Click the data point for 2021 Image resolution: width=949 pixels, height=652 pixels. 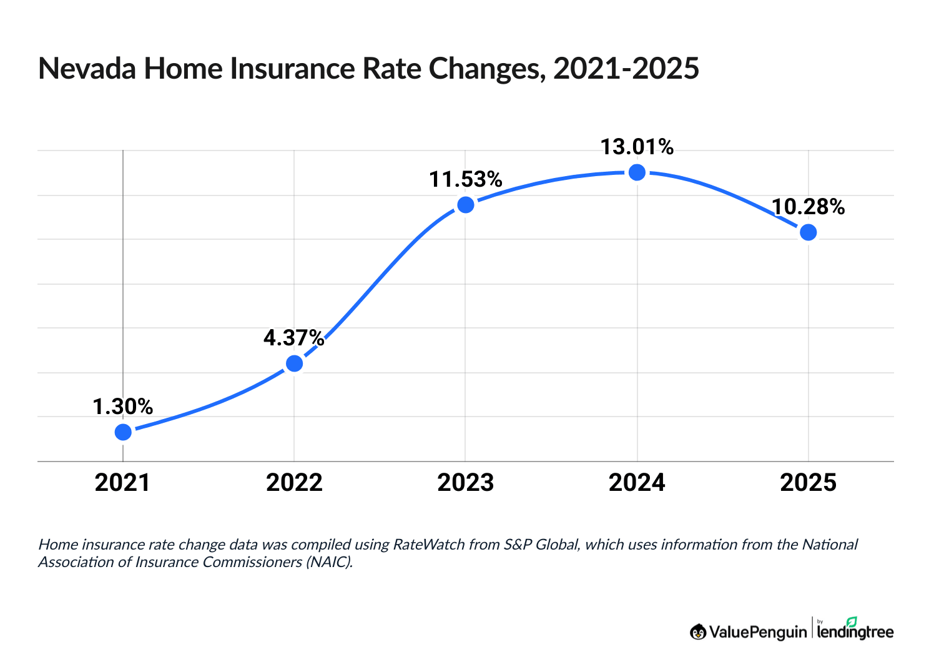click(x=123, y=432)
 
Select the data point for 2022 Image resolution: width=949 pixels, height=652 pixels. click(x=294, y=363)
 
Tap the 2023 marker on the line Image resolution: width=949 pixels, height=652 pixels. click(x=466, y=205)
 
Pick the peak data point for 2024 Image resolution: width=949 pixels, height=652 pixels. click(x=637, y=172)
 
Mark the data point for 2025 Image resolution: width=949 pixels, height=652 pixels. click(x=808, y=232)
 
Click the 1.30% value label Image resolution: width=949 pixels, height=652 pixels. click(x=123, y=407)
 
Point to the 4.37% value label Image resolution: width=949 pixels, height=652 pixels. click(x=294, y=338)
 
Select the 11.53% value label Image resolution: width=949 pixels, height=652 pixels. click(x=466, y=180)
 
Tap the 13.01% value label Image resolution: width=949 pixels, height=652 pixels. click(x=637, y=147)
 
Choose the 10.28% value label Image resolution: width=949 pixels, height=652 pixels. click(x=808, y=207)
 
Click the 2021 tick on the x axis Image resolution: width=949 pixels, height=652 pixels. click(x=123, y=483)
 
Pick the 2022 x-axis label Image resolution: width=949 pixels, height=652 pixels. click(x=294, y=483)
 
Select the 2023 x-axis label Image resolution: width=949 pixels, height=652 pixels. click(x=466, y=483)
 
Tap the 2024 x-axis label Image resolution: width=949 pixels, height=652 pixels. click(x=637, y=483)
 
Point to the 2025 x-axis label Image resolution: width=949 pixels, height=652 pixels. click(x=808, y=483)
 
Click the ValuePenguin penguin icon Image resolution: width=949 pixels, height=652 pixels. click(x=698, y=631)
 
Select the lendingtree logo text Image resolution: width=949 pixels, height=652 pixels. click(x=855, y=631)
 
